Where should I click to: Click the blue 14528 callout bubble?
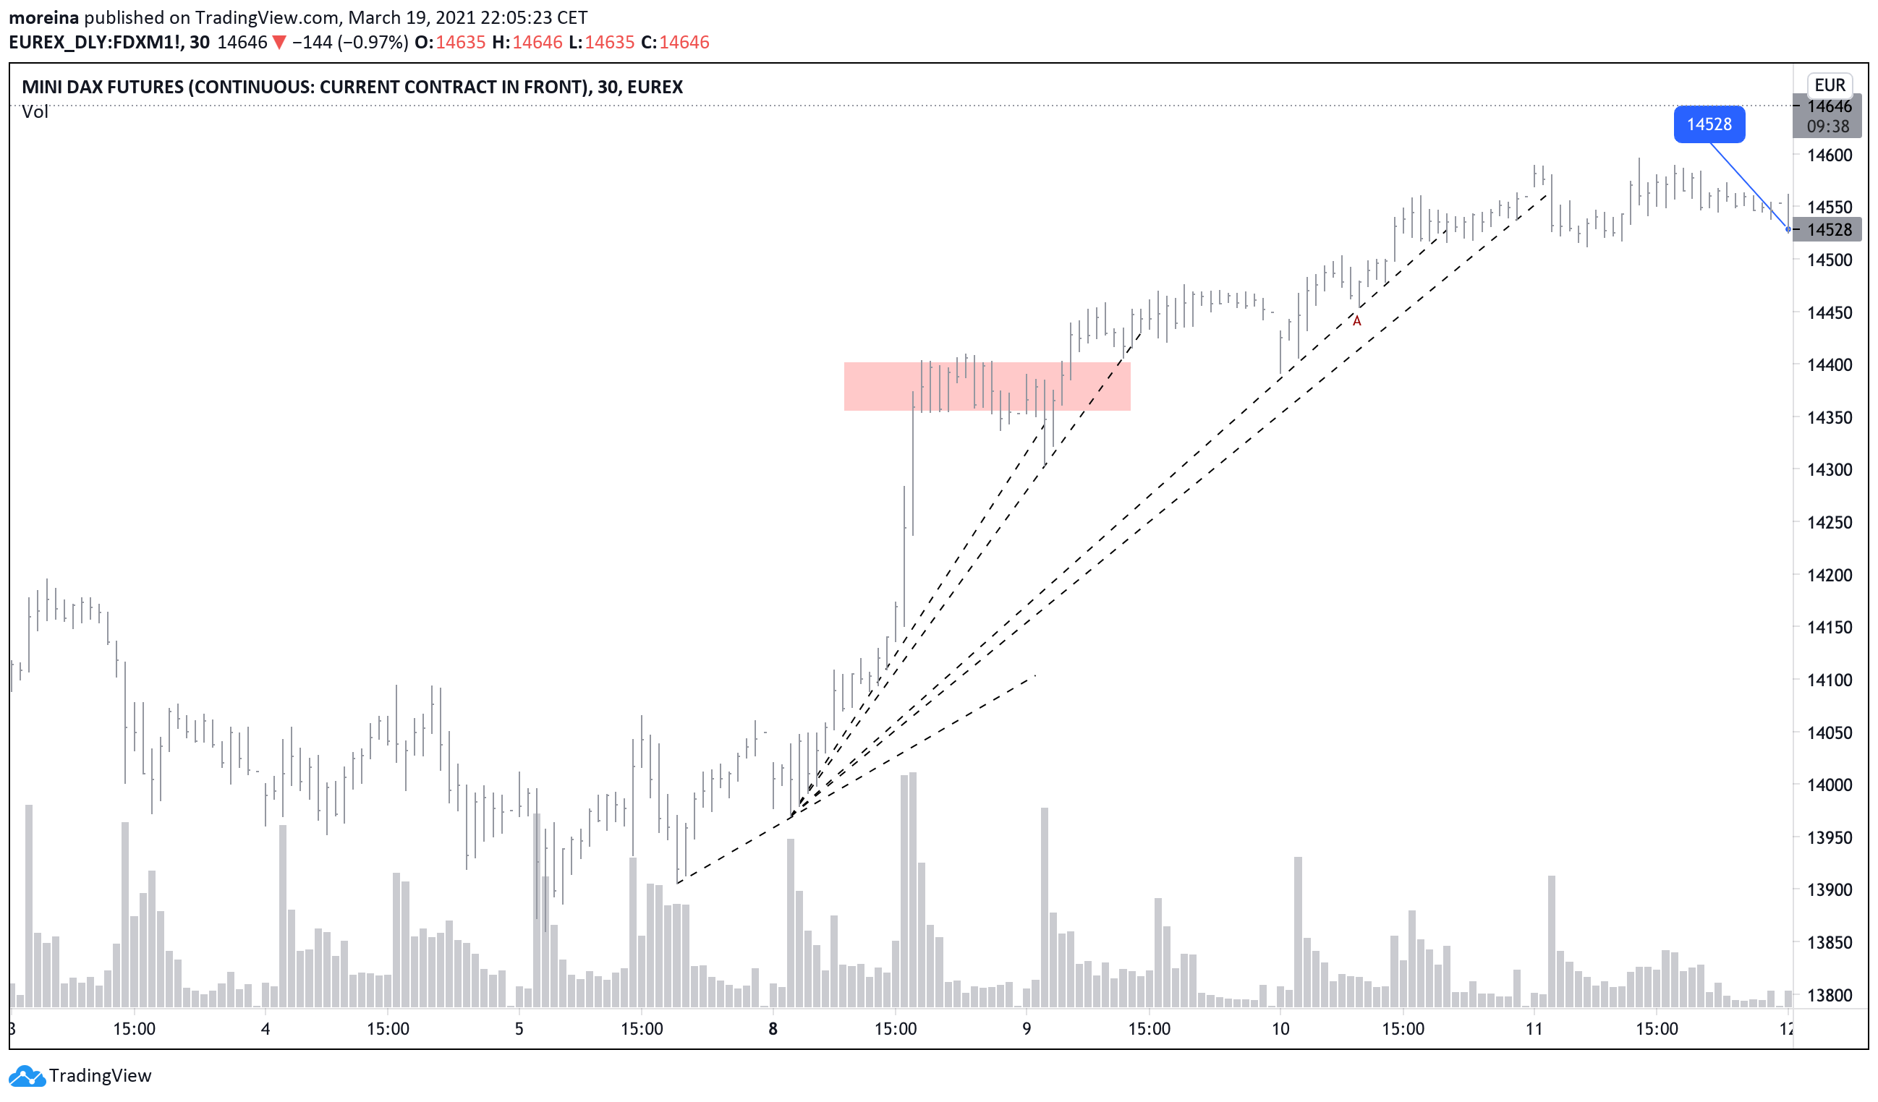tap(1708, 124)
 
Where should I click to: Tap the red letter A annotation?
tap(1356, 321)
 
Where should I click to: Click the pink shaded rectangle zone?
tap(987, 386)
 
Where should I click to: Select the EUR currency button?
tap(1829, 85)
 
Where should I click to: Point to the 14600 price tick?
tap(1829, 155)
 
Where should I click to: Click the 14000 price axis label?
tap(1829, 785)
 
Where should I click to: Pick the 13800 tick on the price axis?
tap(1829, 995)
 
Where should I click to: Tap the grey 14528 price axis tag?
tap(1829, 229)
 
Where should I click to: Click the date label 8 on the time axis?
tap(773, 1029)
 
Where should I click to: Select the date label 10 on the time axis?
tap(1280, 1029)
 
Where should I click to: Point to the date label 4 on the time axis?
tap(265, 1029)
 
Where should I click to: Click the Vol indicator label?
tap(34, 112)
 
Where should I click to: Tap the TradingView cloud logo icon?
tap(27, 1075)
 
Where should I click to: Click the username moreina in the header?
tap(43, 17)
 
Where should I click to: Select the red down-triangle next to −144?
tap(279, 43)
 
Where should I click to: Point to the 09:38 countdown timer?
tap(1827, 127)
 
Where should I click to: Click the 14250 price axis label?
tap(1829, 522)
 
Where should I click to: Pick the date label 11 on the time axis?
tap(1533, 1029)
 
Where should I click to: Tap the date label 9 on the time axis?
tap(1027, 1029)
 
